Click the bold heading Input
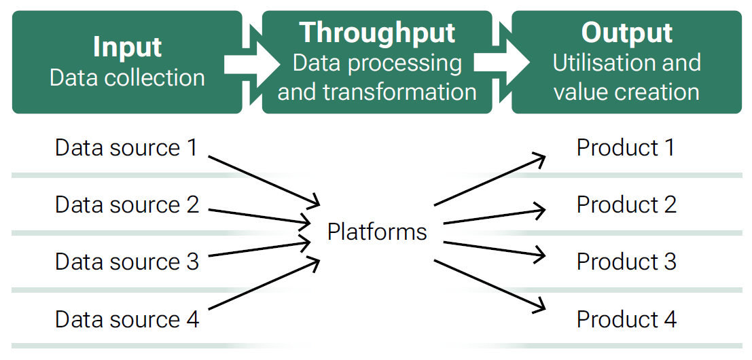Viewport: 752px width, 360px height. (x=127, y=47)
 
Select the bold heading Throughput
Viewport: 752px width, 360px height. (x=378, y=33)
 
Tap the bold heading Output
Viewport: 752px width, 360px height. (x=627, y=33)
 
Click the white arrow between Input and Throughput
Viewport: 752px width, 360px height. (x=252, y=65)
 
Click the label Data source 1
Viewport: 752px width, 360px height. (x=126, y=147)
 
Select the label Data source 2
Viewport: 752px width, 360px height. (x=126, y=204)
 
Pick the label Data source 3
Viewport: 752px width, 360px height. (x=126, y=262)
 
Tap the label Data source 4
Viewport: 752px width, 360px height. (x=126, y=319)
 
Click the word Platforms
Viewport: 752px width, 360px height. (x=377, y=232)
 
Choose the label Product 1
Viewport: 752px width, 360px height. (x=626, y=147)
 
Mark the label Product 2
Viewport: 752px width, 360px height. (x=626, y=204)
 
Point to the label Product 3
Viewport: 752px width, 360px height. (x=626, y=262)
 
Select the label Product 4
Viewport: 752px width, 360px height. (x=626, y=319)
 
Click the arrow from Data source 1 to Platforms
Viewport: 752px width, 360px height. (x=264, y=181)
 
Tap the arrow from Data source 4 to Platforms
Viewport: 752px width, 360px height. (x=264, y=284)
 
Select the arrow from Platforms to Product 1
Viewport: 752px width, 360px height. (x=490, y=180)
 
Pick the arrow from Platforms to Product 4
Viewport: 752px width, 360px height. (x=490, y=286)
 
